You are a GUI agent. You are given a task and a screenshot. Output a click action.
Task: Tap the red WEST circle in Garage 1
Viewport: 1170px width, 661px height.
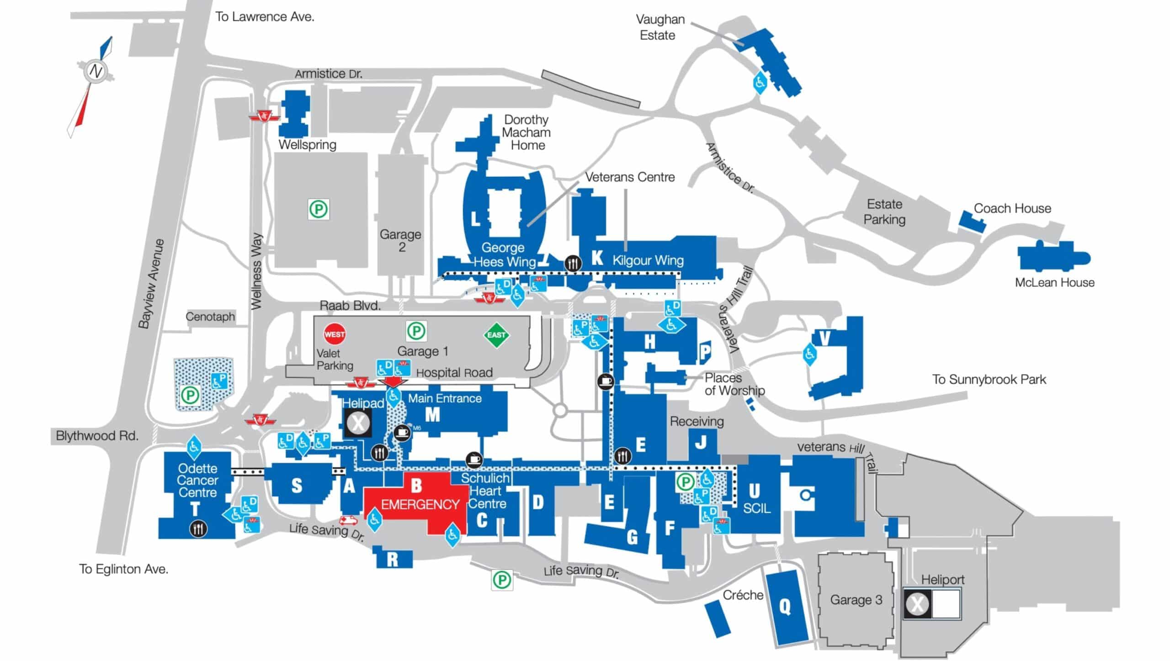tap(335, 334)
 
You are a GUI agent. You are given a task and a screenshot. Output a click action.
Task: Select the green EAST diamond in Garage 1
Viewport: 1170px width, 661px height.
tap(496, 335)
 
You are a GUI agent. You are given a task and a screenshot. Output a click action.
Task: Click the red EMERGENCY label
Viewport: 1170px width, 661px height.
tap(420, 504)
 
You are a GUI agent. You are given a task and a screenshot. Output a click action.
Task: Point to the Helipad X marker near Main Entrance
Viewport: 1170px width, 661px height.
tap(358, 423)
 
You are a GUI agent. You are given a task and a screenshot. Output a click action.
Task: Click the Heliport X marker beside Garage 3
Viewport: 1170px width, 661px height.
tap(917, 604)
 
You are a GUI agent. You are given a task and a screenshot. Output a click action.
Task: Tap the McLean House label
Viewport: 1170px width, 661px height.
tap(1054, 282)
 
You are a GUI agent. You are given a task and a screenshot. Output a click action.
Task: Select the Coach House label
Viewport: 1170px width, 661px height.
tap(1012, 208)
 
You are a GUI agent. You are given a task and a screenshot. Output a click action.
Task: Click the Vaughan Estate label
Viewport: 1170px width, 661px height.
tap(659, 27)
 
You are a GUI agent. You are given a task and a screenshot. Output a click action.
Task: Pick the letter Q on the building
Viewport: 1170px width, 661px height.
tap(785, 607)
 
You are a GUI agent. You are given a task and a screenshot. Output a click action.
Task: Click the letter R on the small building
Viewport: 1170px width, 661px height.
tap(392, 560)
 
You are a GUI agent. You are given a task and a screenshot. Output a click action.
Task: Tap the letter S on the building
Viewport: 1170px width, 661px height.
tap(297, 485)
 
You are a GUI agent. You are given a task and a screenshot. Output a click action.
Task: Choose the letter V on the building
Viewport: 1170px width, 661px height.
tap(824, 338)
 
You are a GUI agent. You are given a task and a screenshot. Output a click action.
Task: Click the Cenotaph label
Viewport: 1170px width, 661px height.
tap(210, 317)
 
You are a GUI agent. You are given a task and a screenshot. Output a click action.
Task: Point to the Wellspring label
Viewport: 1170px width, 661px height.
tap(307, 145)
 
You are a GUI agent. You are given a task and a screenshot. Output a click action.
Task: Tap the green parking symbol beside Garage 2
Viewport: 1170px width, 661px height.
tap(319, 210)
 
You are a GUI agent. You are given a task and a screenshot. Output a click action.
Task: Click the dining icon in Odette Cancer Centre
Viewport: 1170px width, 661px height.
tap(198, 529)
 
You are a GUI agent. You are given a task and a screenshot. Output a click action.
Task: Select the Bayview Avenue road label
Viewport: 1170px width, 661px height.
tap(151, 283)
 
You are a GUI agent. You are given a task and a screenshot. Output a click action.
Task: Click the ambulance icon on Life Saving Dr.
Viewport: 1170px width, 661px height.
tap(349, 520)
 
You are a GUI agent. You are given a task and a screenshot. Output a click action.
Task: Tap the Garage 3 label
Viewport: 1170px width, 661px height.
tap(856, 600)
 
